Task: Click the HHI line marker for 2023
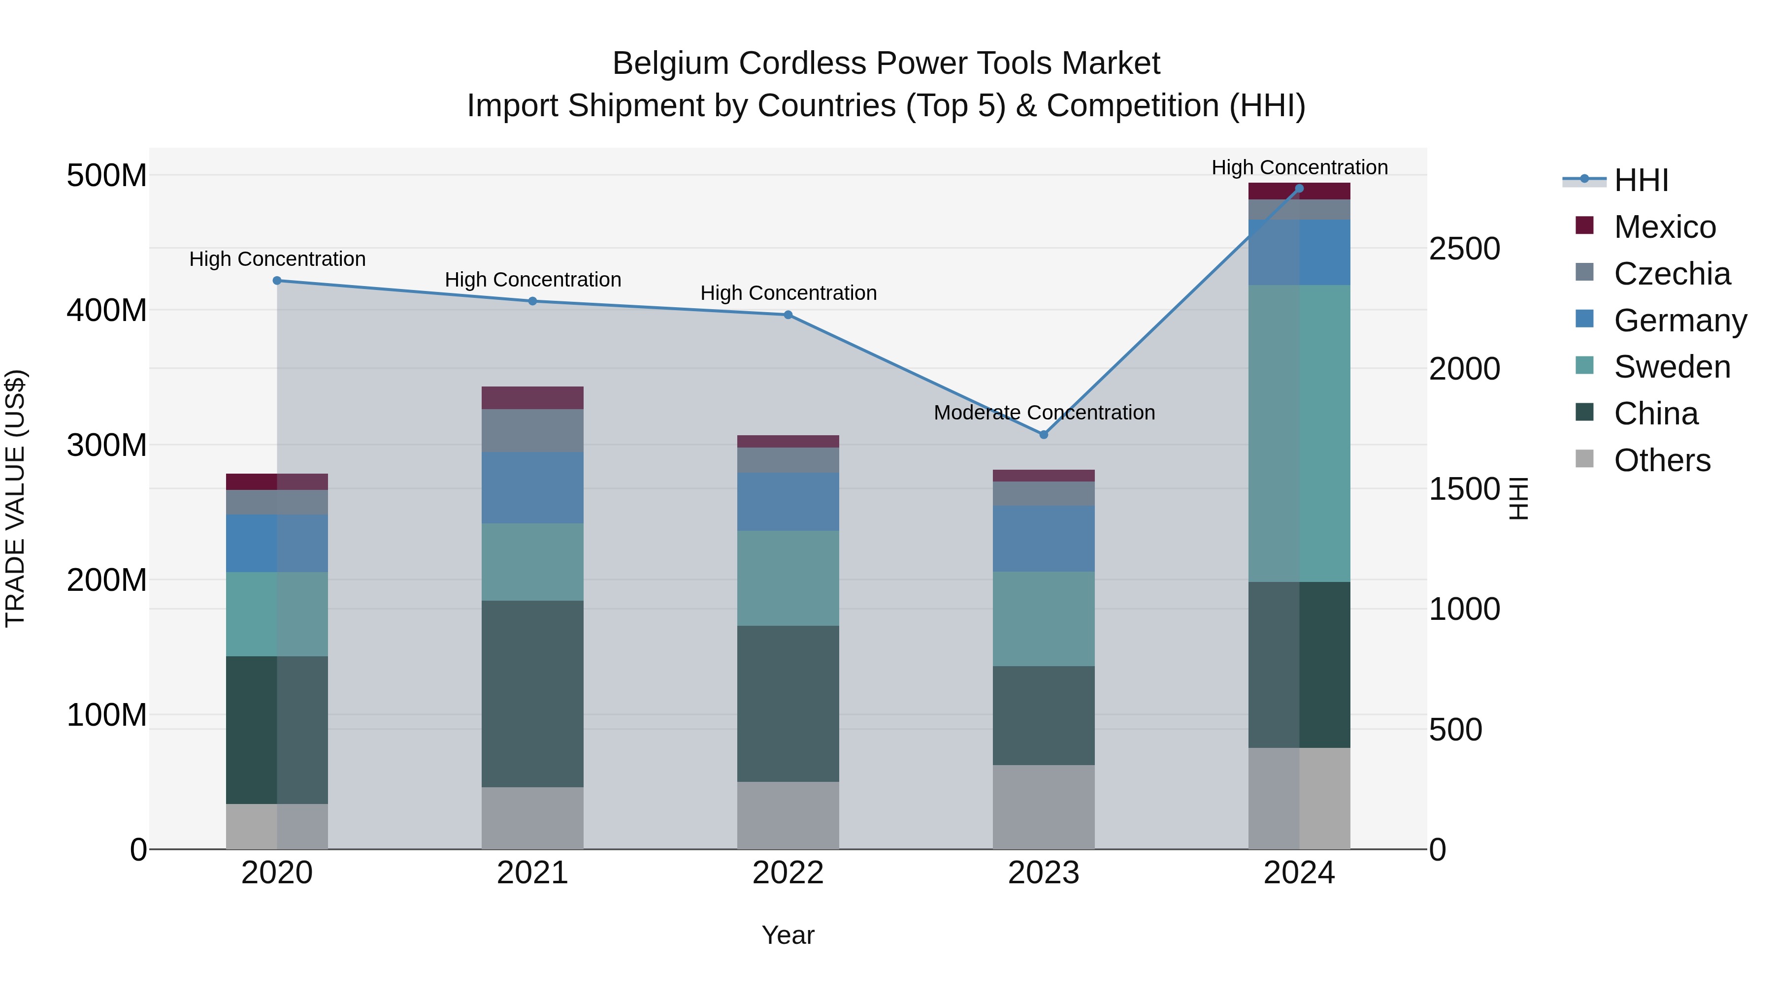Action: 1044,435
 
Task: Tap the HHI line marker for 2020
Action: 277,281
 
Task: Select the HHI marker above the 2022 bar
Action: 788,315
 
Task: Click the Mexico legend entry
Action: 1664,227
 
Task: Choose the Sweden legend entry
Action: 1671,367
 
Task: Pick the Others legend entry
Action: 1662,460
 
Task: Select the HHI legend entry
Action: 1641,180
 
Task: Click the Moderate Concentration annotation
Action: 1044,413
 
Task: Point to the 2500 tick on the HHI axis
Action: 1464,249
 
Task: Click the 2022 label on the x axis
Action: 788,873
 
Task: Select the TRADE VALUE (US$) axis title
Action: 15,498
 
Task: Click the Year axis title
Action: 788,935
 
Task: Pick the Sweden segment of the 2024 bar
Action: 1300,433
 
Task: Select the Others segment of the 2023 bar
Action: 1044,806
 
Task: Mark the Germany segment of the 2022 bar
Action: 788,502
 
